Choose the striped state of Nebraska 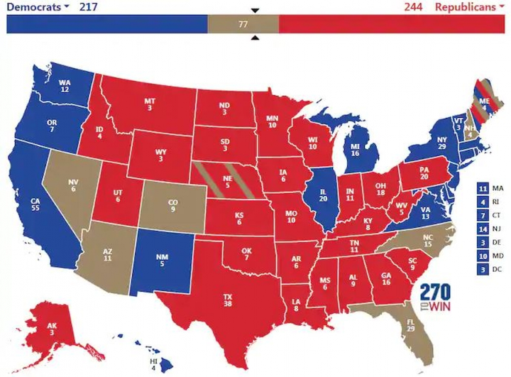(x=228, y=184)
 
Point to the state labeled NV (x=73, y=186)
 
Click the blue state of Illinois (x=324, y=199)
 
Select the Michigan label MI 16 (x=355, y=148)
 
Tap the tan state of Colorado (x=172, y=207)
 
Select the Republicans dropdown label (x=468, y=7)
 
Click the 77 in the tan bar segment (x=243, y=24)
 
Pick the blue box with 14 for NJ (x=483, y=229)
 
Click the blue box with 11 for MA (x=483, y=188)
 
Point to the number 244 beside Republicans (x=414, y=7)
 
